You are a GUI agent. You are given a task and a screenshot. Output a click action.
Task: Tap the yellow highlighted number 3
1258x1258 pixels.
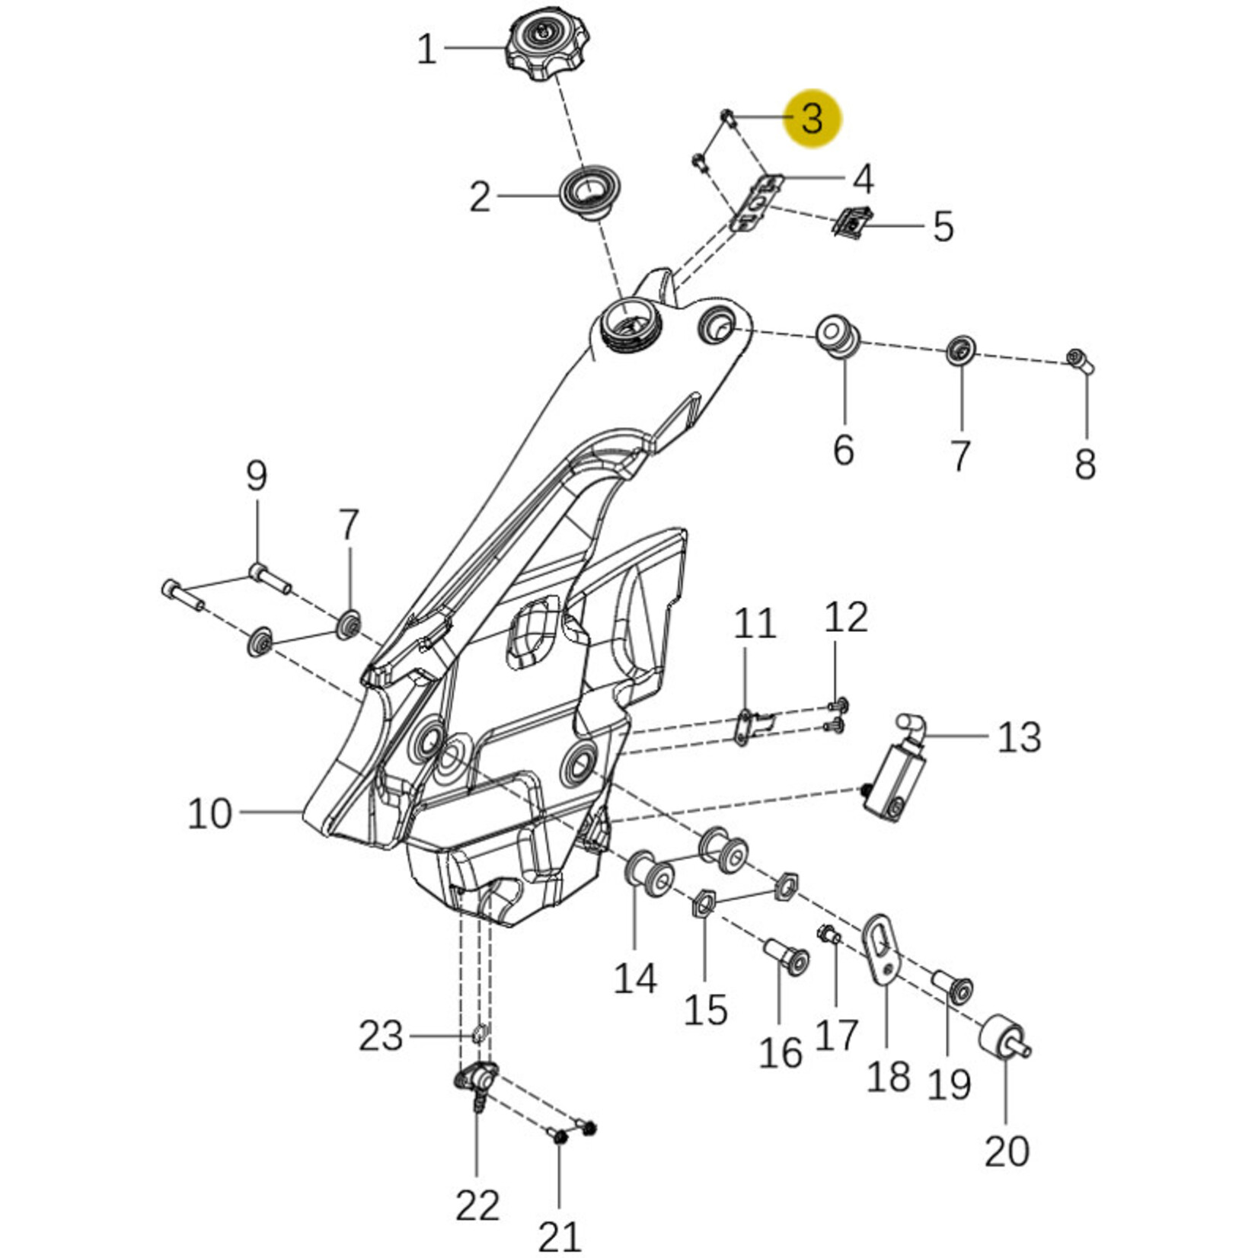tap(813, 118)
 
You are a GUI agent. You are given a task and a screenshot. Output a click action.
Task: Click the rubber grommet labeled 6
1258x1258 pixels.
tap(838, 335)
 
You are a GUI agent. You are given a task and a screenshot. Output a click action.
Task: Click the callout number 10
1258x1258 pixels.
tap(209, 813)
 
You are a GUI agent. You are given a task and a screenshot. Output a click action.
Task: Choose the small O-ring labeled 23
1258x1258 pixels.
tap(478, 1034)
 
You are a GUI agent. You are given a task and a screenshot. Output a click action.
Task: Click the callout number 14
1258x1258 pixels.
tap(635, 978)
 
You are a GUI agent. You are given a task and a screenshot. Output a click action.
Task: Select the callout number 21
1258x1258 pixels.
tap(560, 1235)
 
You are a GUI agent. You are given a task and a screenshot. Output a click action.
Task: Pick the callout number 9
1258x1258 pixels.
tap(257, 477)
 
